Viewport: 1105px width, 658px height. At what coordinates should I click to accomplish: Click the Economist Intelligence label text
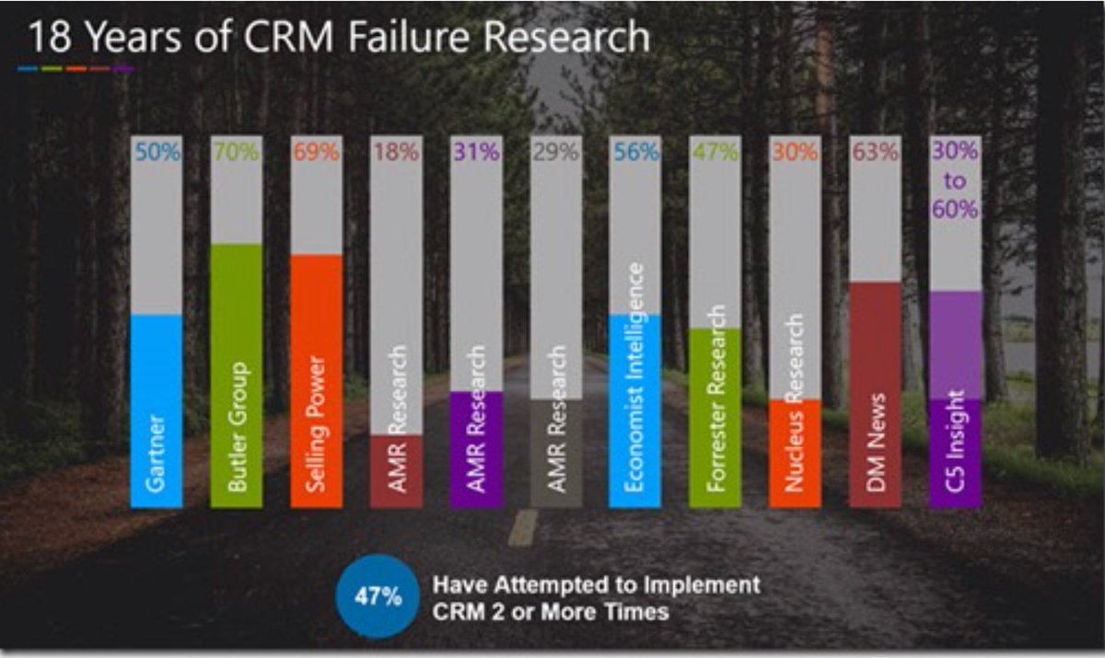pyautogui.click(x=635, y=376)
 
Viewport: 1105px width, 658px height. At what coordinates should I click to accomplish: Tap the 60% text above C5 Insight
pyautogui.click(x=955, y=209)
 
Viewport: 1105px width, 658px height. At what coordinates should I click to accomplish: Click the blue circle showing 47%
pyautogui.click(x=378, y=596)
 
